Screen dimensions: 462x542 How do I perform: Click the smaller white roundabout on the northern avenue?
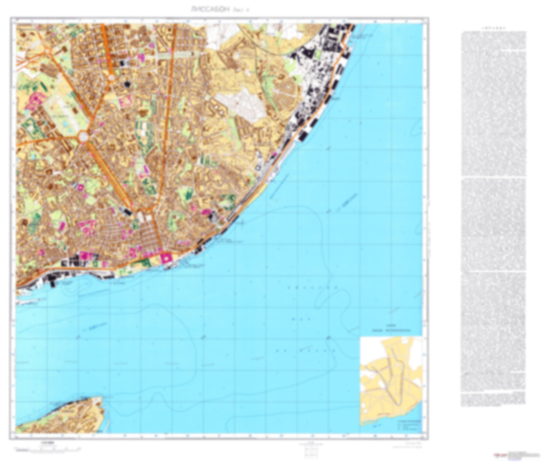(x=112, y=78)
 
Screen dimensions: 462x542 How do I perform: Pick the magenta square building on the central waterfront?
(x=165, y=258)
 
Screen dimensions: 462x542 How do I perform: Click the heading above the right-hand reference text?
(x=493, y=28)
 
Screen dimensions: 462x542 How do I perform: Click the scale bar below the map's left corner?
(x=47, y=448)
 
